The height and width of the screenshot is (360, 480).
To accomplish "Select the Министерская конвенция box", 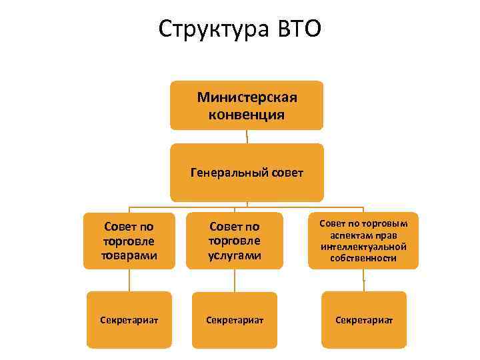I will pyautogui.click(x=247, y=105).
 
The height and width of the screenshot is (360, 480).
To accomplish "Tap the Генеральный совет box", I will pyautogui.click(x=247, y=173).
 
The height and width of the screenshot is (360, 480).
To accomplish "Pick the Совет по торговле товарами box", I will pyautogui.click(x=129, y=241).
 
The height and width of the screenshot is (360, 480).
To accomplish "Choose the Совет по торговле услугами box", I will pyautogui.click(x=234, y=241).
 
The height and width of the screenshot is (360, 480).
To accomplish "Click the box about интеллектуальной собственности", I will pyautogui.click(x=363, y=240).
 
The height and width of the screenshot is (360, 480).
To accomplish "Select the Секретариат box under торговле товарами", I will pyautogui.click(x=129, y=320).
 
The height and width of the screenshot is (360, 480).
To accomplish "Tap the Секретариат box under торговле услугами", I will pyautogui.click(x=234, y=320).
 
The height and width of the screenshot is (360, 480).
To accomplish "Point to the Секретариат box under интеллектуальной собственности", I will pyautogui.click(x=363, y=320).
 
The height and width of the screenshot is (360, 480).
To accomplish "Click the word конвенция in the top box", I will pyautogui.click(x=247, y=115).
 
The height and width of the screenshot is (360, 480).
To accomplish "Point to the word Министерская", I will pyautogui.click(x=247, y=97).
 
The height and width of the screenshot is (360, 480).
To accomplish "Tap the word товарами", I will pyautogui.click(x=129, y=255).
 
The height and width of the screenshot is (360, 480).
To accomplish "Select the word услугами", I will pyautogui.click(x=234, y=255).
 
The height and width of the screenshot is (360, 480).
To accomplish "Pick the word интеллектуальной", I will pyautogui.click(x=363, y=247).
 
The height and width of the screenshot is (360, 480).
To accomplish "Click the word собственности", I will pyautogui.click(x=363, y=257).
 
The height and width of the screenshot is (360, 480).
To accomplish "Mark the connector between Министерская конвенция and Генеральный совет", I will pyautogui.click(x=247, y=137).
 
